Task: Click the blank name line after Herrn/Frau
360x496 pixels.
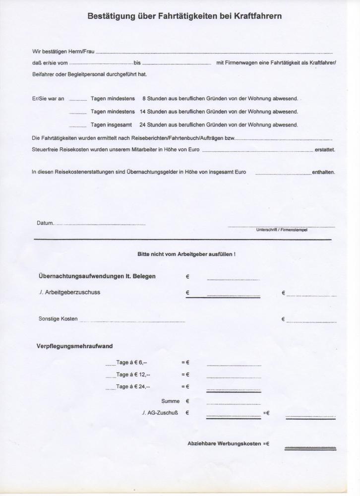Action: click(x=213, y=52)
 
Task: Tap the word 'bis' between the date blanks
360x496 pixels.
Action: click(x=137, y=63)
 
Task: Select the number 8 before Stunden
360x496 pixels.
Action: click(x=144, y=99)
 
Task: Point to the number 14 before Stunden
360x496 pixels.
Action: click(x=143, y=112)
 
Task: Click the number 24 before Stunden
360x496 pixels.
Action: click(x=143, y=125)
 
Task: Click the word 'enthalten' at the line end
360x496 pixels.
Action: click(x=323, y=172)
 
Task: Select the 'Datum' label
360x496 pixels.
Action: click(x=45, y=223)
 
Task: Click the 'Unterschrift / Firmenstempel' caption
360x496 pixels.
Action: click(x=281, y=230)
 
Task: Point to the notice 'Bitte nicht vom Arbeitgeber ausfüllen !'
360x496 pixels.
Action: click(x=186, y=254)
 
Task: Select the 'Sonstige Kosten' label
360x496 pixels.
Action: click(x=58, y=318)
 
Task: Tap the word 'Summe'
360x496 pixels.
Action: click(x=170, y=401)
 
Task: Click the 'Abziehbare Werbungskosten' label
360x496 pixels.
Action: click(x=224, y=443)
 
